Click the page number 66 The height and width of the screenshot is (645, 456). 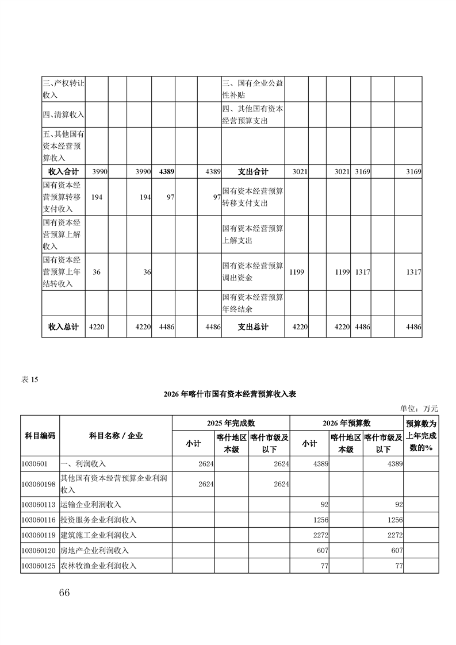click(64, 593)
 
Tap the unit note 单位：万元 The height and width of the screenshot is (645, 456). click(419, 408)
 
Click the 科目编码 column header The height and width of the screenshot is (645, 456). click(40, 436)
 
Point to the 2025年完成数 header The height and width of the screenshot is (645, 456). click(231, 423)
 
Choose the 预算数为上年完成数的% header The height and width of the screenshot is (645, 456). click(421, 436)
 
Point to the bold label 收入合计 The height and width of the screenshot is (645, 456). click(63, 172)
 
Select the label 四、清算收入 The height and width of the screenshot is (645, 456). click(63, 114)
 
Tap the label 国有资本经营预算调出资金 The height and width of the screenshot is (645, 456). click(253, 272)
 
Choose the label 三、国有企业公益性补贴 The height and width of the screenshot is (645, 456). click(253, 89)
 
